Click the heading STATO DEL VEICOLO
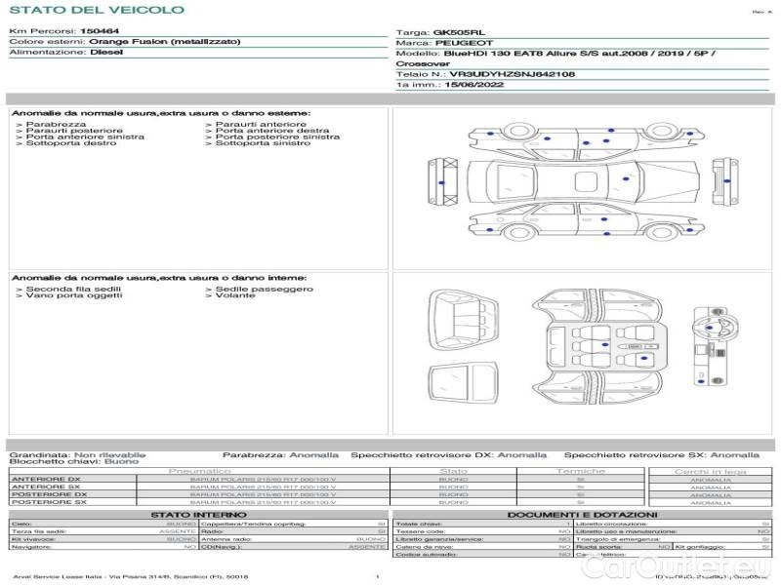tap(96, 10)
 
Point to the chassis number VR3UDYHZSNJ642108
tap(512, 74)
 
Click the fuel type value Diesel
tap(106, 53)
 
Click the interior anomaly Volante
tap(234, 295)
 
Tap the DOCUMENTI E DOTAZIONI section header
tap(582, 514)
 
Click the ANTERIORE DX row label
tap(46, 480)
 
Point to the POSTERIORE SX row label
tap(48, 502)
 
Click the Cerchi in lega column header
tap(710, 471)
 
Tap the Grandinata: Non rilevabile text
tap(77, 454)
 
